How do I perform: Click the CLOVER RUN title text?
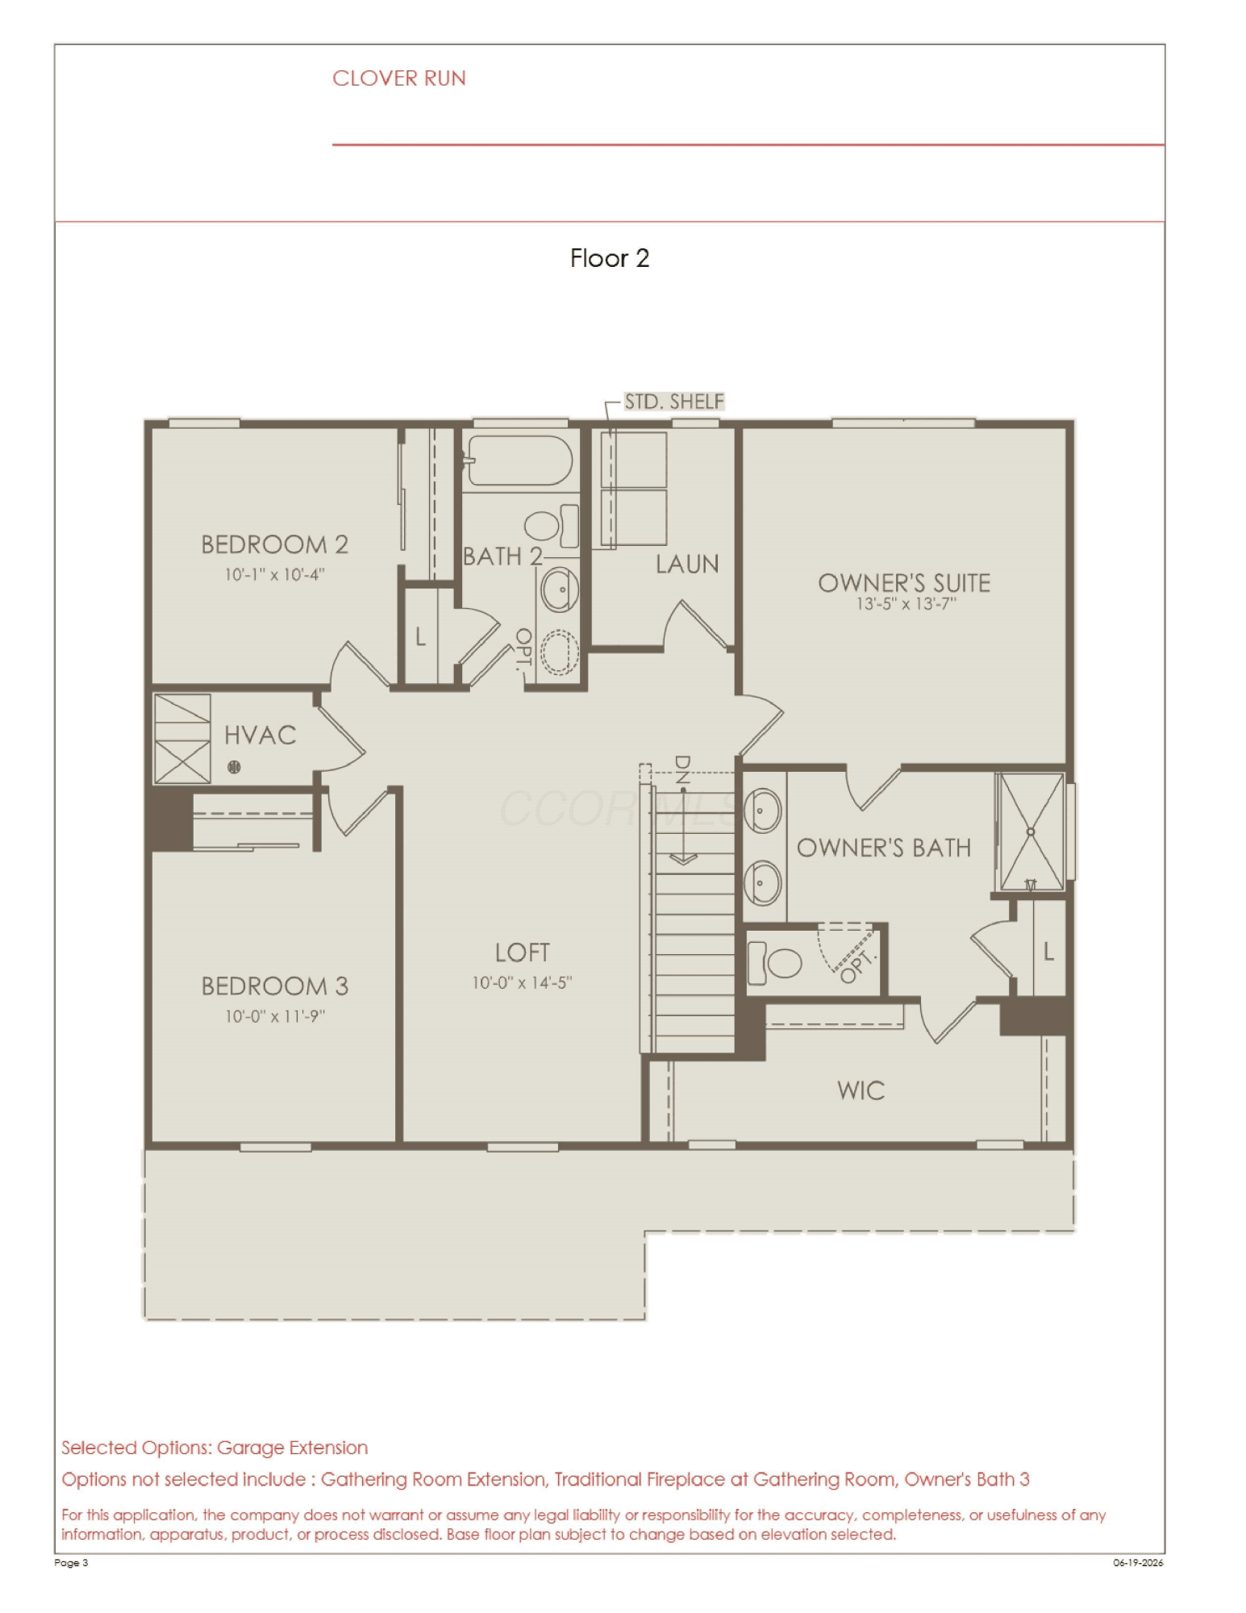click(399, 78)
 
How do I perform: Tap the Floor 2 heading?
click(610, 258)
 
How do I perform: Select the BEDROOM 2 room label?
click(275, 544)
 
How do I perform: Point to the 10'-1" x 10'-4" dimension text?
click(275, 574)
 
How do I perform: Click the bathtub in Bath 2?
click(520, 461)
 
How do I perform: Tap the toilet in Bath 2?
click(552, 526)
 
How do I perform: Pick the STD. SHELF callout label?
click(674, 402)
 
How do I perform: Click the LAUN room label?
click(687, 564)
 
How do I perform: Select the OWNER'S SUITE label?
click(904, 582)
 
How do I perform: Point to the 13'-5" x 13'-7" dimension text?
click(906, 604)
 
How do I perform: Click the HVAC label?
click(260, 735)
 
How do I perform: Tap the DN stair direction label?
click(682, 770)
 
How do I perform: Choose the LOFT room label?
click(523, 952)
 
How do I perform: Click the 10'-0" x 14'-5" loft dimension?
click(523, 982)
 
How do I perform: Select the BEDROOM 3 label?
click(275, 986)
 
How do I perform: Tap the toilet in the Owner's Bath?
click(775, 962)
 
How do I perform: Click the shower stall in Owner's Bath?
click(1031, 832)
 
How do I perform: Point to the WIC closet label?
click(861, 1090)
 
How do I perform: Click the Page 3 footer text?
click(71, 1562)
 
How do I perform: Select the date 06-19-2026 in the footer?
click(1138, 1562)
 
